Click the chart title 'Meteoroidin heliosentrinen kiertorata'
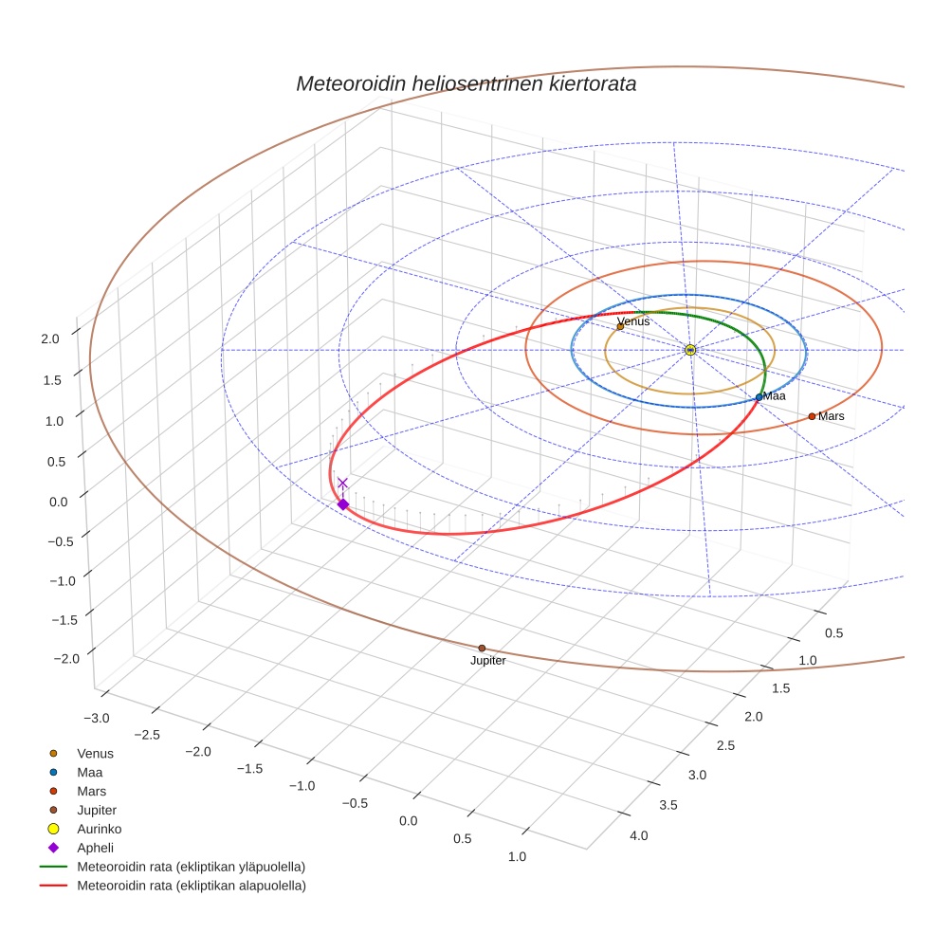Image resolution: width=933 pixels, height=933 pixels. click(466, 83)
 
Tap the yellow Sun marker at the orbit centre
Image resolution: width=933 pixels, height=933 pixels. click(690, 350)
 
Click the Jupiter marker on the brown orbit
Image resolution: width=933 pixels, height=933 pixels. click(482, 649)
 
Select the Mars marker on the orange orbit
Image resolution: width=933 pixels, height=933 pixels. click(812, 416)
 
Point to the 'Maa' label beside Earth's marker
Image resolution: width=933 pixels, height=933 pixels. click(775, 396)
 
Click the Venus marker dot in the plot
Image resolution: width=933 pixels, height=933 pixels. click(620, 327)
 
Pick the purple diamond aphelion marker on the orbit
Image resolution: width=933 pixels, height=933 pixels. click(343, 504)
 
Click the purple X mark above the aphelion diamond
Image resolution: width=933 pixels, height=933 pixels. click(342, 483)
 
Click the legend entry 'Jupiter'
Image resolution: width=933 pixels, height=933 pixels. click(97, 810)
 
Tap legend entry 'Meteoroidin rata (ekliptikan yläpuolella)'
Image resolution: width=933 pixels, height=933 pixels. click(191, 867)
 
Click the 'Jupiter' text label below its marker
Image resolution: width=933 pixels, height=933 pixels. click(488, 661)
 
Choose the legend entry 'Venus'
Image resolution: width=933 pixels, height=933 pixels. click(95, 754)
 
